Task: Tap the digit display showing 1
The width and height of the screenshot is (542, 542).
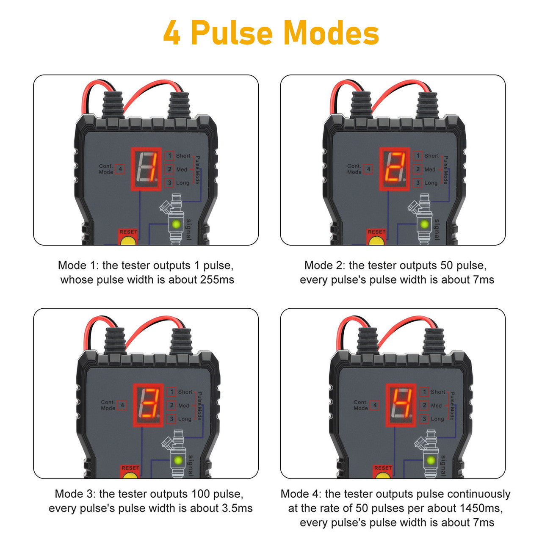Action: point(146,169)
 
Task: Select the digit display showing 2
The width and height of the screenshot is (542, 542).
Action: point(394,169)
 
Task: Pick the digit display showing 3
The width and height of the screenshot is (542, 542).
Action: point(148,405)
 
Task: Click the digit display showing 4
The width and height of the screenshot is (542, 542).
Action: point(401,405)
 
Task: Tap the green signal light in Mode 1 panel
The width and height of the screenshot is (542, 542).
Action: point(176,224)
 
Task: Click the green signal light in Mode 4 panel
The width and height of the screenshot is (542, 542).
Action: point(431,460)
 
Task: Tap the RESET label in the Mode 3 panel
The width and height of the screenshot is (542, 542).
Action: point(130,468)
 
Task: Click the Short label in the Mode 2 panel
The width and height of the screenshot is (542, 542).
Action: point(431,155)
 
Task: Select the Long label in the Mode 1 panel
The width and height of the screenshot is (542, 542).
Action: point(183,183)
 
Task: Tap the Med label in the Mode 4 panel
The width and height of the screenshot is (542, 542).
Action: point(436,405)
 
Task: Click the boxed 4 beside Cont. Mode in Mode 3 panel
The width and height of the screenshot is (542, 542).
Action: point(122,405)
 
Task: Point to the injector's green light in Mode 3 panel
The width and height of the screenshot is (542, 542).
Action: point(178,460)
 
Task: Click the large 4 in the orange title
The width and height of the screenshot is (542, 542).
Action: point(171,33)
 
